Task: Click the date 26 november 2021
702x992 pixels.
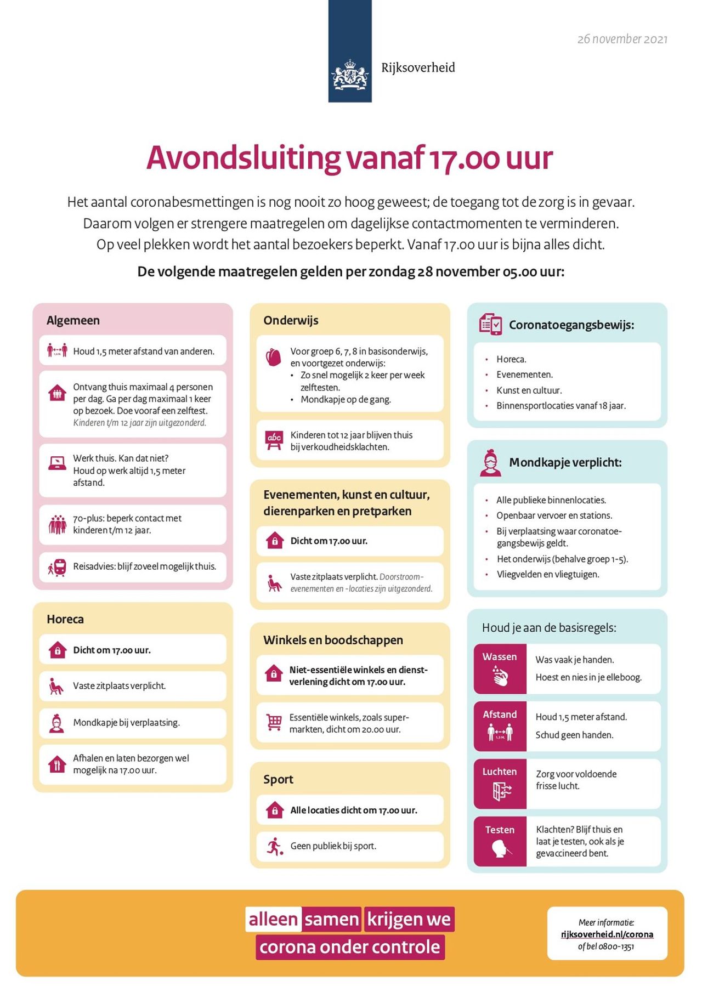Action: pos(622,39)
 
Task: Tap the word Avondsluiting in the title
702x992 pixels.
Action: pos(243,158)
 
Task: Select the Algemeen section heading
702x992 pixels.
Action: pos(73,321)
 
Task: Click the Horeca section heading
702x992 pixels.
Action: pos(65,620)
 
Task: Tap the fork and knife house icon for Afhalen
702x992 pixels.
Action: pos(57,764)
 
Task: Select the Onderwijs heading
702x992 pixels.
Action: pos(291,321)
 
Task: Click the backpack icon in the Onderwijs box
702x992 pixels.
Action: pos(273,358)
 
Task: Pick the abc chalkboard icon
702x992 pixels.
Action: pos(274,440)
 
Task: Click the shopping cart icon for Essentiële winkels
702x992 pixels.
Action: pos(274,722)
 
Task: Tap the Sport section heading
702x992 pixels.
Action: pos(278,780)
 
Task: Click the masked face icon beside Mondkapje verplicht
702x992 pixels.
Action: pos(490,463)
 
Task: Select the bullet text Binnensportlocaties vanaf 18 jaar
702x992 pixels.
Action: pos(561,406)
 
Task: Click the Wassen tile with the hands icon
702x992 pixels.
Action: pos(500,669)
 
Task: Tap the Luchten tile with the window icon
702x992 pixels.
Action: pos(500,784)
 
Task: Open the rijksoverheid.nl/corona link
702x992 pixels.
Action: pos(607,934)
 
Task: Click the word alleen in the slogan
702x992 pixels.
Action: pos(273,919)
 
